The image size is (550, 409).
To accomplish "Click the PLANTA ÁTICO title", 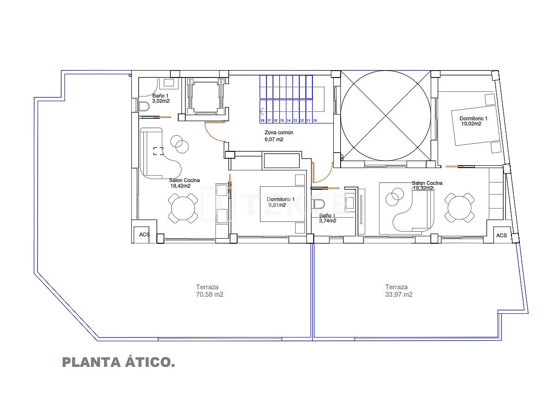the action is (x=118, y=362).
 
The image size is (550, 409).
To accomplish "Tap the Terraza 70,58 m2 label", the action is (x=209, y=291).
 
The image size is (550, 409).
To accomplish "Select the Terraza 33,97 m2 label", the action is (x=399, y=291).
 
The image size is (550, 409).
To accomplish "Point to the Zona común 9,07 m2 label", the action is (x=278, y=136).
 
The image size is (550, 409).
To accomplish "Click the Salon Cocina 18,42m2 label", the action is (x=184, y=183).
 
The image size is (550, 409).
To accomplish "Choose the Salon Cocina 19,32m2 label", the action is (x=427, y=186).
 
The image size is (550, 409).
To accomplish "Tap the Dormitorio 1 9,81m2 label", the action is (x=280, y=202).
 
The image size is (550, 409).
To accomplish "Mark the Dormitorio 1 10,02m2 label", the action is (x=473, y=121).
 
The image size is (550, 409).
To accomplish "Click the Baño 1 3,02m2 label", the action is (x=161, y=98).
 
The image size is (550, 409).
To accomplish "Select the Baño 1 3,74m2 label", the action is (x=328, y=218).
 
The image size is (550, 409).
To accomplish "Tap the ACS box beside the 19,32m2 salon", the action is (x=501, y=235).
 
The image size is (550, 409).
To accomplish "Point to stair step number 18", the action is (x=262, y=120).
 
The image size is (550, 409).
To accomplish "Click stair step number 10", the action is (x=315, y=120).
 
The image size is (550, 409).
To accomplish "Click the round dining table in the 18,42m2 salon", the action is (x=183, y=209).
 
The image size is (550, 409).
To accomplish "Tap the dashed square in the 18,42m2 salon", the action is (x=158, y=151).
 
